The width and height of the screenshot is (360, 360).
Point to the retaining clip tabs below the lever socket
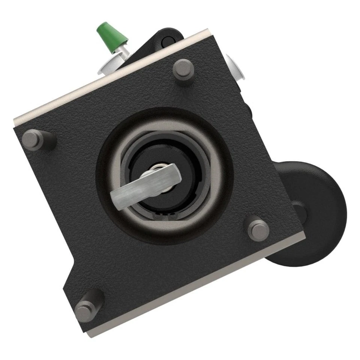(165, 216)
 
